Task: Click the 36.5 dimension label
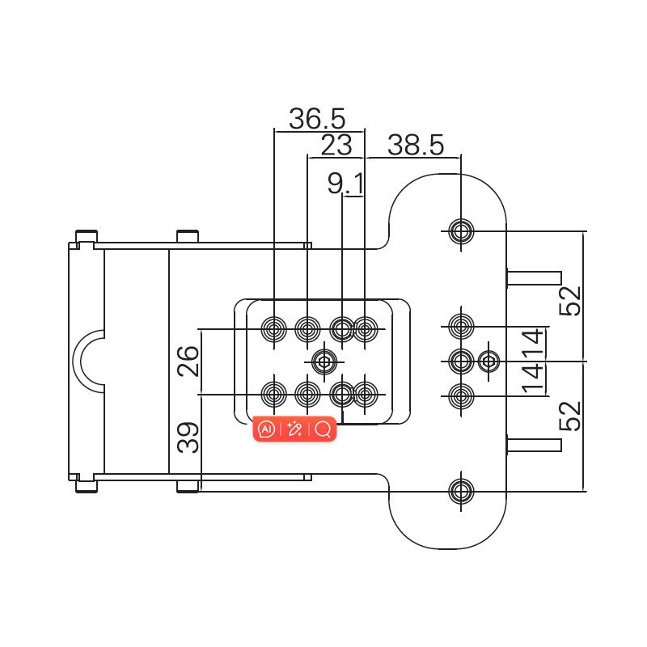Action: click(x=317, y=119)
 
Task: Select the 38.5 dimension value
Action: click(x=415, y=146)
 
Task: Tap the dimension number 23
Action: click(x=336, y=146)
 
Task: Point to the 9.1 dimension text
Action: click(x=345, y=184)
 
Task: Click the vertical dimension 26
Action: click(x=188, y=361)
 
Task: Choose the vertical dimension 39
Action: click(x=188, y=438)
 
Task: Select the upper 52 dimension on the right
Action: click(x=570, y=300)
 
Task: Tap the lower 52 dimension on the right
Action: click(x=570, y=416)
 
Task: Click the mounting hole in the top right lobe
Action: click(x=461, y=231)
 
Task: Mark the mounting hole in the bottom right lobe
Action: click(x=461, y=490)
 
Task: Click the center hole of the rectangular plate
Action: click(x=324, y=361)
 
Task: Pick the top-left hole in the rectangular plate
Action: click(x=274, y=329)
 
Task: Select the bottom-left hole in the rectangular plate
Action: click(x=274, y=395)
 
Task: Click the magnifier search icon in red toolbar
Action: click(x=323, y=429)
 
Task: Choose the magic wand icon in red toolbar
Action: click(x=294, y=429)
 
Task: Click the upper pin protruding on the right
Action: click(x=534, y=277)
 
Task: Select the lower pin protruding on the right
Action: click(x=534, y=444)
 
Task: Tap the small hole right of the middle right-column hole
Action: click(x=488, y=361)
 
